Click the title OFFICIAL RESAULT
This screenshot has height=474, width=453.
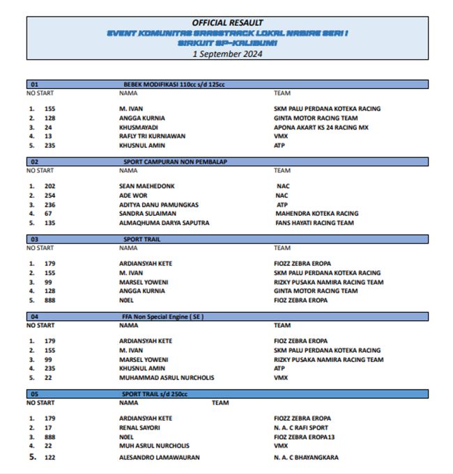click(x=227, y=23)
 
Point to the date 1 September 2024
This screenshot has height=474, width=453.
click(x=227, y=53)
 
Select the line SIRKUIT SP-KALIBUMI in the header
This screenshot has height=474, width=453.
click(x=227, y=42)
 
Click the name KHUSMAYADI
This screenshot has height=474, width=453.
click(x=139, y=127)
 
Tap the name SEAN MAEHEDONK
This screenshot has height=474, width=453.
click(x=146, y=187)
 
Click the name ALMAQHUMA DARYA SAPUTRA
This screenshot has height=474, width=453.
click(x=164, y=223)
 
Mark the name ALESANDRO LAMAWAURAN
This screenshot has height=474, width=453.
click(x=160, y=457)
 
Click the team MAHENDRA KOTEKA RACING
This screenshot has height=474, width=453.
click(x=317, y=214)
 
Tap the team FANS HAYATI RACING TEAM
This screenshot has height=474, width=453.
click(x=315, y=223)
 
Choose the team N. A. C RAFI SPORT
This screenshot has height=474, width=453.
click(x=301, y=427)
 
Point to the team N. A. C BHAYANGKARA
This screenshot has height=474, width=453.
click(x=306, y=457)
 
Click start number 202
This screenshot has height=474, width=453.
click(x=49, y=187)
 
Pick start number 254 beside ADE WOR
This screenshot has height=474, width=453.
click(x=49, y=196)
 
